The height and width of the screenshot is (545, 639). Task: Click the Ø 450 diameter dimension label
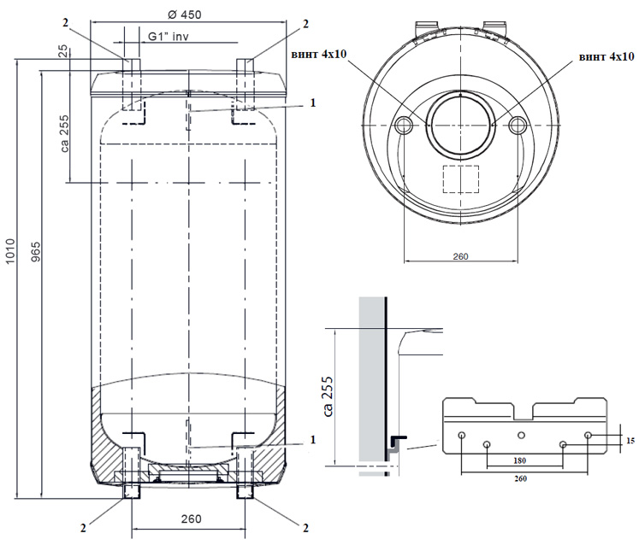[185, 15]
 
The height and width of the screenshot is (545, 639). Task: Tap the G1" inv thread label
[169, 36]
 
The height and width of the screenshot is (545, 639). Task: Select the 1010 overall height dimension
[10, 251]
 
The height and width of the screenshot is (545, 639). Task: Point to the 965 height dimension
[36, 251]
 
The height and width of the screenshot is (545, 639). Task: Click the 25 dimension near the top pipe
[63, 51]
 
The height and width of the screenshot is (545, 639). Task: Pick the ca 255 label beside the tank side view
[64, 134]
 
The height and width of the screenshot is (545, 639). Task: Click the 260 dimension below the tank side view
[191, 519]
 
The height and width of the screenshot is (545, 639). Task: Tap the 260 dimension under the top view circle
[460, 256]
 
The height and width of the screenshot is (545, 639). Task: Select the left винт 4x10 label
[319, 55]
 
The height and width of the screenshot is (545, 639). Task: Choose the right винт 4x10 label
[606, 56]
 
